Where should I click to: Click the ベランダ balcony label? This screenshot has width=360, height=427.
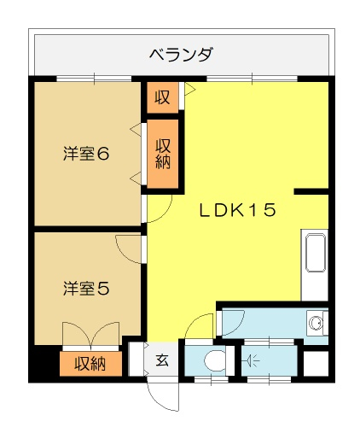click(x=181, y=54)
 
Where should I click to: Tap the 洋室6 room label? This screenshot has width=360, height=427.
click(x=86, y=154)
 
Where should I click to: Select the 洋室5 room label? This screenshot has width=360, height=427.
click(x=86, y=288)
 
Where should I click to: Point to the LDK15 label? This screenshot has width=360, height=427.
click(x=238, y=210)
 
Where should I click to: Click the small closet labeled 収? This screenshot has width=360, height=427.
click(x=163, y=97)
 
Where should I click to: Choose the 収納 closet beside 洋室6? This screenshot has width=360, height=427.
click(x=163, y=154)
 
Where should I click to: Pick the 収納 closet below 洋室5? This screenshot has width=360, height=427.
click(x=90, y=364)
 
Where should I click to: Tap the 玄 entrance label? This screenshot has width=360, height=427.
click(x=162, y=360)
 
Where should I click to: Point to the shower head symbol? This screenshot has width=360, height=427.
click(x=251, y=361)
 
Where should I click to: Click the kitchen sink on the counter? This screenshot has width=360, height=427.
click(x=316, y=253)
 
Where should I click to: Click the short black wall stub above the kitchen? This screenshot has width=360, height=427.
click(x=311, y=191)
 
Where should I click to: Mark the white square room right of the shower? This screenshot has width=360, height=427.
click(x=316, y=364)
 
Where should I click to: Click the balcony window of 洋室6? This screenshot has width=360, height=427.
click(x=94, y=79)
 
